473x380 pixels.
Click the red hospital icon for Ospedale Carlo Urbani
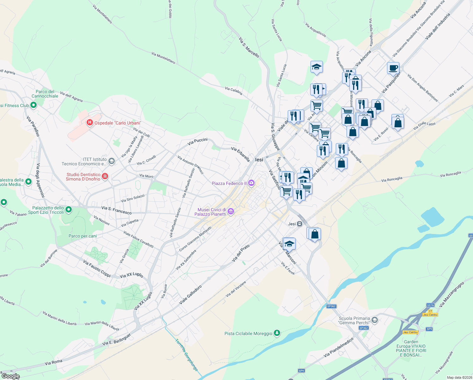tap(90, 122)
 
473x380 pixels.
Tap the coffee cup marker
tap(393, 68)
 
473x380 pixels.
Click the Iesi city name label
tap(259, 160)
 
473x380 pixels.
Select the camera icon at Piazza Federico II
tap(251, 183)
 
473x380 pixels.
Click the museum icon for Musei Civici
tap(231, 212)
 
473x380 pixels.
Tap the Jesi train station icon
tap(299, 224)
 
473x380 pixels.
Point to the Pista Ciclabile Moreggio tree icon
tap(277, 333)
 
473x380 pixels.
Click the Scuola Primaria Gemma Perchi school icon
tap(375, 320)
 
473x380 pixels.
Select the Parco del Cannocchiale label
tap(45, 94)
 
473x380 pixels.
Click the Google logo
tap(10, 376)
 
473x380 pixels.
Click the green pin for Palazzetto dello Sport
tap(69, 210)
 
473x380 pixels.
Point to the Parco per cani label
tap(83, 236)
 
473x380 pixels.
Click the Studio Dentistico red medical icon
tap(105, 176)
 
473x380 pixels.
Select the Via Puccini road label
tap(197, 142)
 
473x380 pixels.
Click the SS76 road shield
tap(430, 305)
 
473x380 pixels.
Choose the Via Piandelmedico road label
tap(339, 347)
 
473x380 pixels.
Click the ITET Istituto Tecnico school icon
tap(111, 161)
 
